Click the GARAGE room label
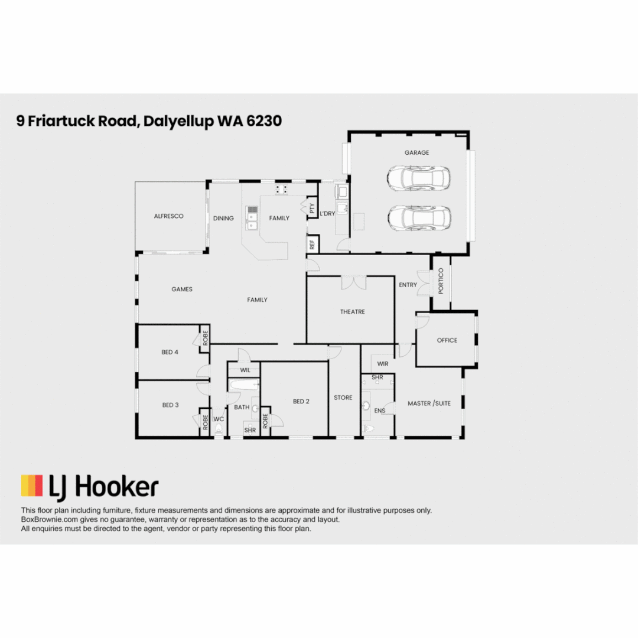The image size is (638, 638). (416, 152)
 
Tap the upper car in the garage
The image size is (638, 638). (418, 177)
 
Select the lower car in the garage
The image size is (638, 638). (419, 217)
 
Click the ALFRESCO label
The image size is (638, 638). (169, 216)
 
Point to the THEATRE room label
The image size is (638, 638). (352, 311)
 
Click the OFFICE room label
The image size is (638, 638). (447, 340)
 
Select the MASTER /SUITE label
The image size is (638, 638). (429, 403)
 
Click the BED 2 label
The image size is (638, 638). (301, 402)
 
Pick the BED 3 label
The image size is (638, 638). (170, 405)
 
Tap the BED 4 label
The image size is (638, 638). (170, 352)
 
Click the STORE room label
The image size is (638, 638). (343, 398)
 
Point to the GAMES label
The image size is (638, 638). (182, 289)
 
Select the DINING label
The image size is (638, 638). (223, 218)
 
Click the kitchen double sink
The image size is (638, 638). (252, 217)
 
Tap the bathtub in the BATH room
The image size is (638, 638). (244, 386)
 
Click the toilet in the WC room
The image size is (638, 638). (219, 429)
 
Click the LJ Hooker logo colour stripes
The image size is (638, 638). (32, 486)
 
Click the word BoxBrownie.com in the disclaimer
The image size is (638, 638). (48, 520)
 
